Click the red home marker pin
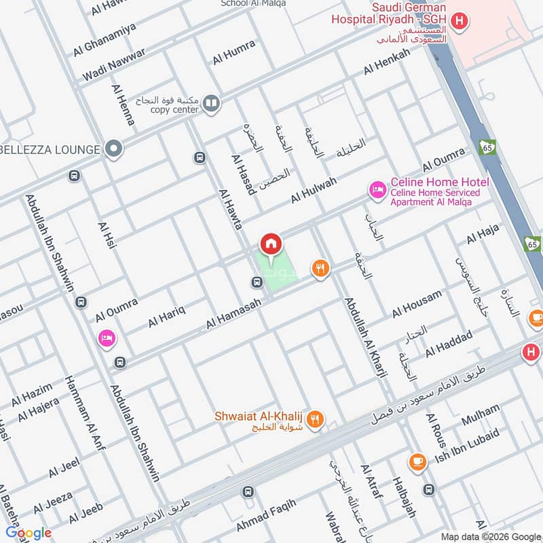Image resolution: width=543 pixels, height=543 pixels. pyautogui.click(x=270, y=244)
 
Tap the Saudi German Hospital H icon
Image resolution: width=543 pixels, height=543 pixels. pyautogui.click(x=460, y=22)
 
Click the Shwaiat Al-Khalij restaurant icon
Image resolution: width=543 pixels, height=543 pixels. pyautogui.click(x=314, y=419)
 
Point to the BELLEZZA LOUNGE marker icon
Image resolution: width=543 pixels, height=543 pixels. pyautogui.click(x=114, y=148)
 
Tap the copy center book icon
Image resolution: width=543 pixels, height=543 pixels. pyautogui.click(x=211, y=103)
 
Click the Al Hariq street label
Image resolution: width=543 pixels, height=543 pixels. pyautogui.click(x=167, y=314)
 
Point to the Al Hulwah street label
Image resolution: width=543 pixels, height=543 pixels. pyautogui.click(x=314, y=190)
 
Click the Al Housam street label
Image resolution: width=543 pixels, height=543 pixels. pyautogui.click(x=417, y=304)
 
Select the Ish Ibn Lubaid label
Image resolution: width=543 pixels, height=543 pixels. pyautogui.click(x=467, y=447)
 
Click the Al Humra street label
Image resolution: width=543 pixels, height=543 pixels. pyautogui.click(x=234, y=52)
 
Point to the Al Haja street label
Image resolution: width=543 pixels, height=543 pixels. pyautogui.click(x=483, y=234)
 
